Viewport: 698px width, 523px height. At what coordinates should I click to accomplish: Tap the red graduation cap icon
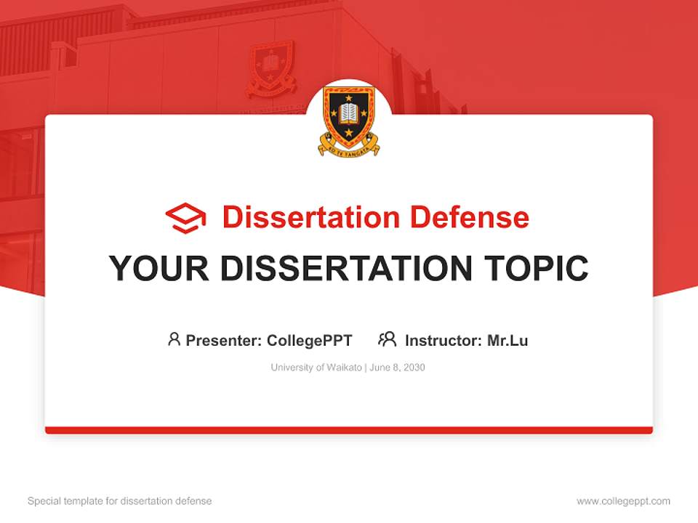[185, 218]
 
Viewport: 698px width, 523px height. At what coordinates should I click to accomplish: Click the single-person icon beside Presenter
[174, 339]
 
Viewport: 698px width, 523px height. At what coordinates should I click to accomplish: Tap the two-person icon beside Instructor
[387, 339]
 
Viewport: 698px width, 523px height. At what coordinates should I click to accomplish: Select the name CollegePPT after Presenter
[309, 340]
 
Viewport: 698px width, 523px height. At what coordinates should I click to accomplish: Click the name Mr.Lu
[508, 340]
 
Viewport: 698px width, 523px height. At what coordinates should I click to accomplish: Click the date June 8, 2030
[397, 368]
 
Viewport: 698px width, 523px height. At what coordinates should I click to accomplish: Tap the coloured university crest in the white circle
[349, 120]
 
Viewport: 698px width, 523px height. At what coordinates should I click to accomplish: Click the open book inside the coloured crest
[349, 113]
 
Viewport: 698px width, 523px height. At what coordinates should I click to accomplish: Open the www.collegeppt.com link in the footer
[623, 501]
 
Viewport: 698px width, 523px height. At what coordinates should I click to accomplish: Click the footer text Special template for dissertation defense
[120, 501]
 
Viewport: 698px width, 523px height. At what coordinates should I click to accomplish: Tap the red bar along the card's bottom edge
[349, 430]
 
